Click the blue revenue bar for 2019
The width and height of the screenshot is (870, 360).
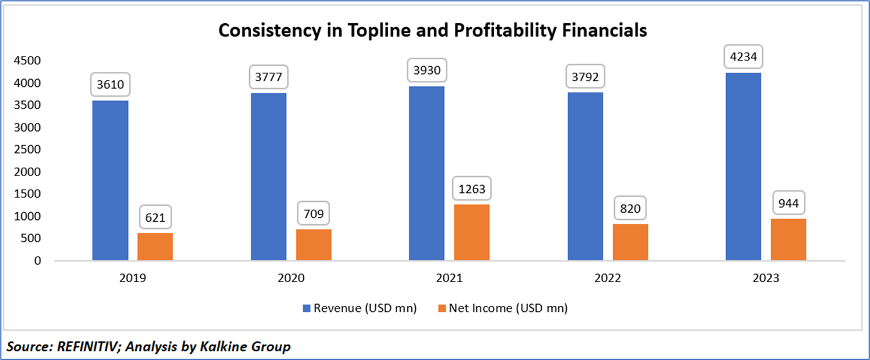coord(110,180)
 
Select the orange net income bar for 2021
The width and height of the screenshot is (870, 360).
coord(472,232)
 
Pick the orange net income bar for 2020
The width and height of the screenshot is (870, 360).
coord(314,244)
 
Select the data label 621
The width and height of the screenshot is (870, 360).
coord(155,217)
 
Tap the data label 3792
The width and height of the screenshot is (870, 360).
coord(585,75)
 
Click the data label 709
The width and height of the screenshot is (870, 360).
coord(314,211)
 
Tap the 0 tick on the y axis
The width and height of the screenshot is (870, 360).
coord(39,261)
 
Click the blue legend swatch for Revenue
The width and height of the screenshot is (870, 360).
coord(306,309)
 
